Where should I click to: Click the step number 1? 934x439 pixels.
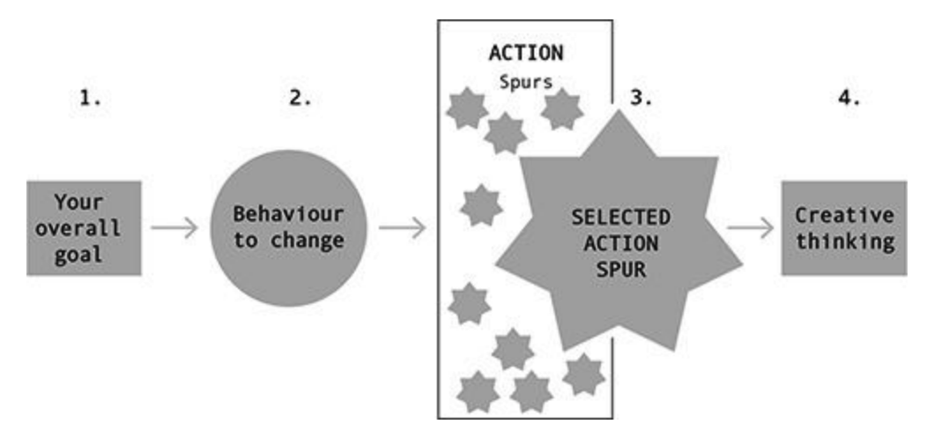tap(92, 99)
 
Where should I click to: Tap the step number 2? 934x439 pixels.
tap(300, 99)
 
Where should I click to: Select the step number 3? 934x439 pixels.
tap(641, 99)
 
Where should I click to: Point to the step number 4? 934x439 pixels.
tap(849, 99)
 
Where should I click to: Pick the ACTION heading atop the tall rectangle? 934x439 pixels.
tap(525, 53)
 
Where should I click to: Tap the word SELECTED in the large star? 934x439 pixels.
tap(618, 217)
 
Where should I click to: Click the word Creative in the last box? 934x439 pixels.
tap(844, 215)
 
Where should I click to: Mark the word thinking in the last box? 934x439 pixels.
tap(844, 241)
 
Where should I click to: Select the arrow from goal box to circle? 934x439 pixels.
tap(174, 228)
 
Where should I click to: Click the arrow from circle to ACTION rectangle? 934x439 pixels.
tap(403, 228)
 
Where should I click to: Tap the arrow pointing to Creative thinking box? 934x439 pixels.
tap(750, 228)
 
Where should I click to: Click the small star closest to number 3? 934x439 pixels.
tap(560, 108)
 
